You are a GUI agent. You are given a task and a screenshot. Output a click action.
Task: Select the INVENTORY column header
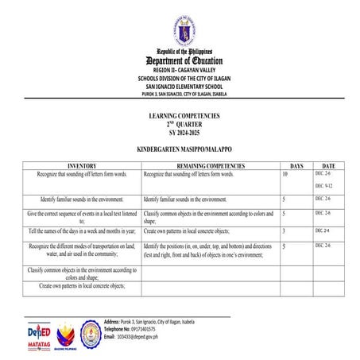click(x=81, y=165)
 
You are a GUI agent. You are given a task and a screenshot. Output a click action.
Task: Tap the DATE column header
click(x=328, y=165)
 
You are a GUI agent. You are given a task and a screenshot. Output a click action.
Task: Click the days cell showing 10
click(x=285, y=173)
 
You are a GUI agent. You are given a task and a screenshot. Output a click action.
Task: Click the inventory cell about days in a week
click(x=82, y=230)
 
